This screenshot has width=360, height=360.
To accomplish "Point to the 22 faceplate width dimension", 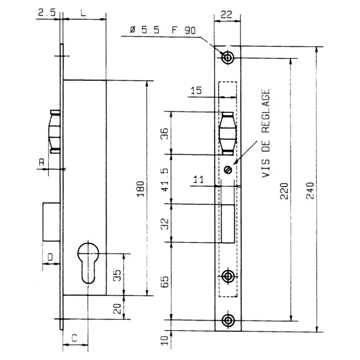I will pyautogui.click(x=228, y=14).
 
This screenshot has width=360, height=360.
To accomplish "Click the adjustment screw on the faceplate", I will pyautogui.click(x=228, y=169).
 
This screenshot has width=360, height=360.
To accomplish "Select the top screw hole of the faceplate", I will pyautogui.click(x=228, y=58).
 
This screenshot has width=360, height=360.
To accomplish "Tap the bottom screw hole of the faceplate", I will pyautogui.click(x=228, y=320).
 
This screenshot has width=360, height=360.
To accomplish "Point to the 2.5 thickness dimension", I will pyautogui.click(x=47, y=13).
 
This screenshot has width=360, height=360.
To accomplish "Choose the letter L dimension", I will pyautogui.click(x=83, y=13).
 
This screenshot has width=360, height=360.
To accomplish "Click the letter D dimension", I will pyautogui.click(x=50, y=257).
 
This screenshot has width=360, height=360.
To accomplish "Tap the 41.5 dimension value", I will pyautogui.click(x=165, y=180).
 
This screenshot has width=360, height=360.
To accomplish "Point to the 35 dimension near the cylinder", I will pyautogui.click(x=116, y=275).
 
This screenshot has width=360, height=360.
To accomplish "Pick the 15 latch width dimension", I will pyautogui.click(x=196, y=91).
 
